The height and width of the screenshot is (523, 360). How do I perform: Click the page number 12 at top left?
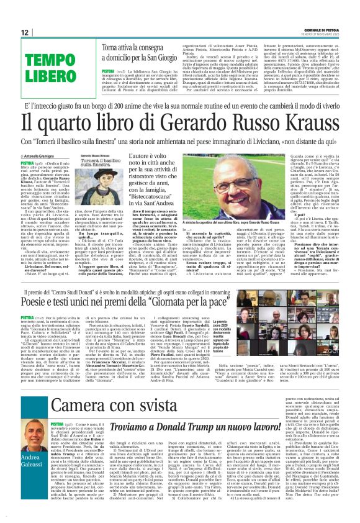click(x=25, y=32)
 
